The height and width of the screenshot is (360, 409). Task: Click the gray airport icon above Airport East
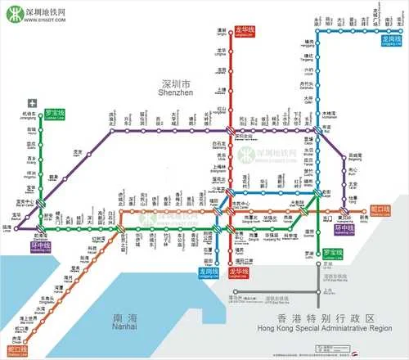[x=32, y=103]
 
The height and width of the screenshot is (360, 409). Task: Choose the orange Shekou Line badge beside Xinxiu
[x=380, y=210]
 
